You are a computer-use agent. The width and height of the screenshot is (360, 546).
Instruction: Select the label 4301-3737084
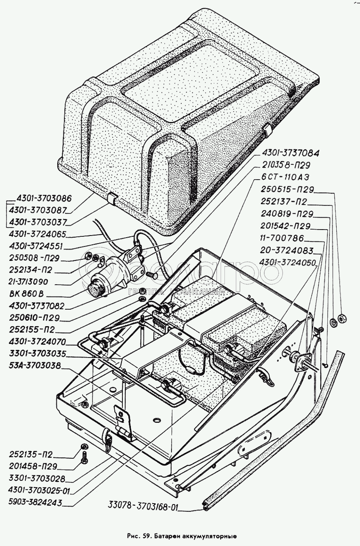(x=290, y=153)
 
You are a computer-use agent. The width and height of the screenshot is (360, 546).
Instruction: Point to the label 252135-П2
(x=30, y=455)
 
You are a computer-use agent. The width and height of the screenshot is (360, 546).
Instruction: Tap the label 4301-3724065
(x=37, y=233)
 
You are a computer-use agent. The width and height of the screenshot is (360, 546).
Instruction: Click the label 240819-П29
(x=287, y=214)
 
